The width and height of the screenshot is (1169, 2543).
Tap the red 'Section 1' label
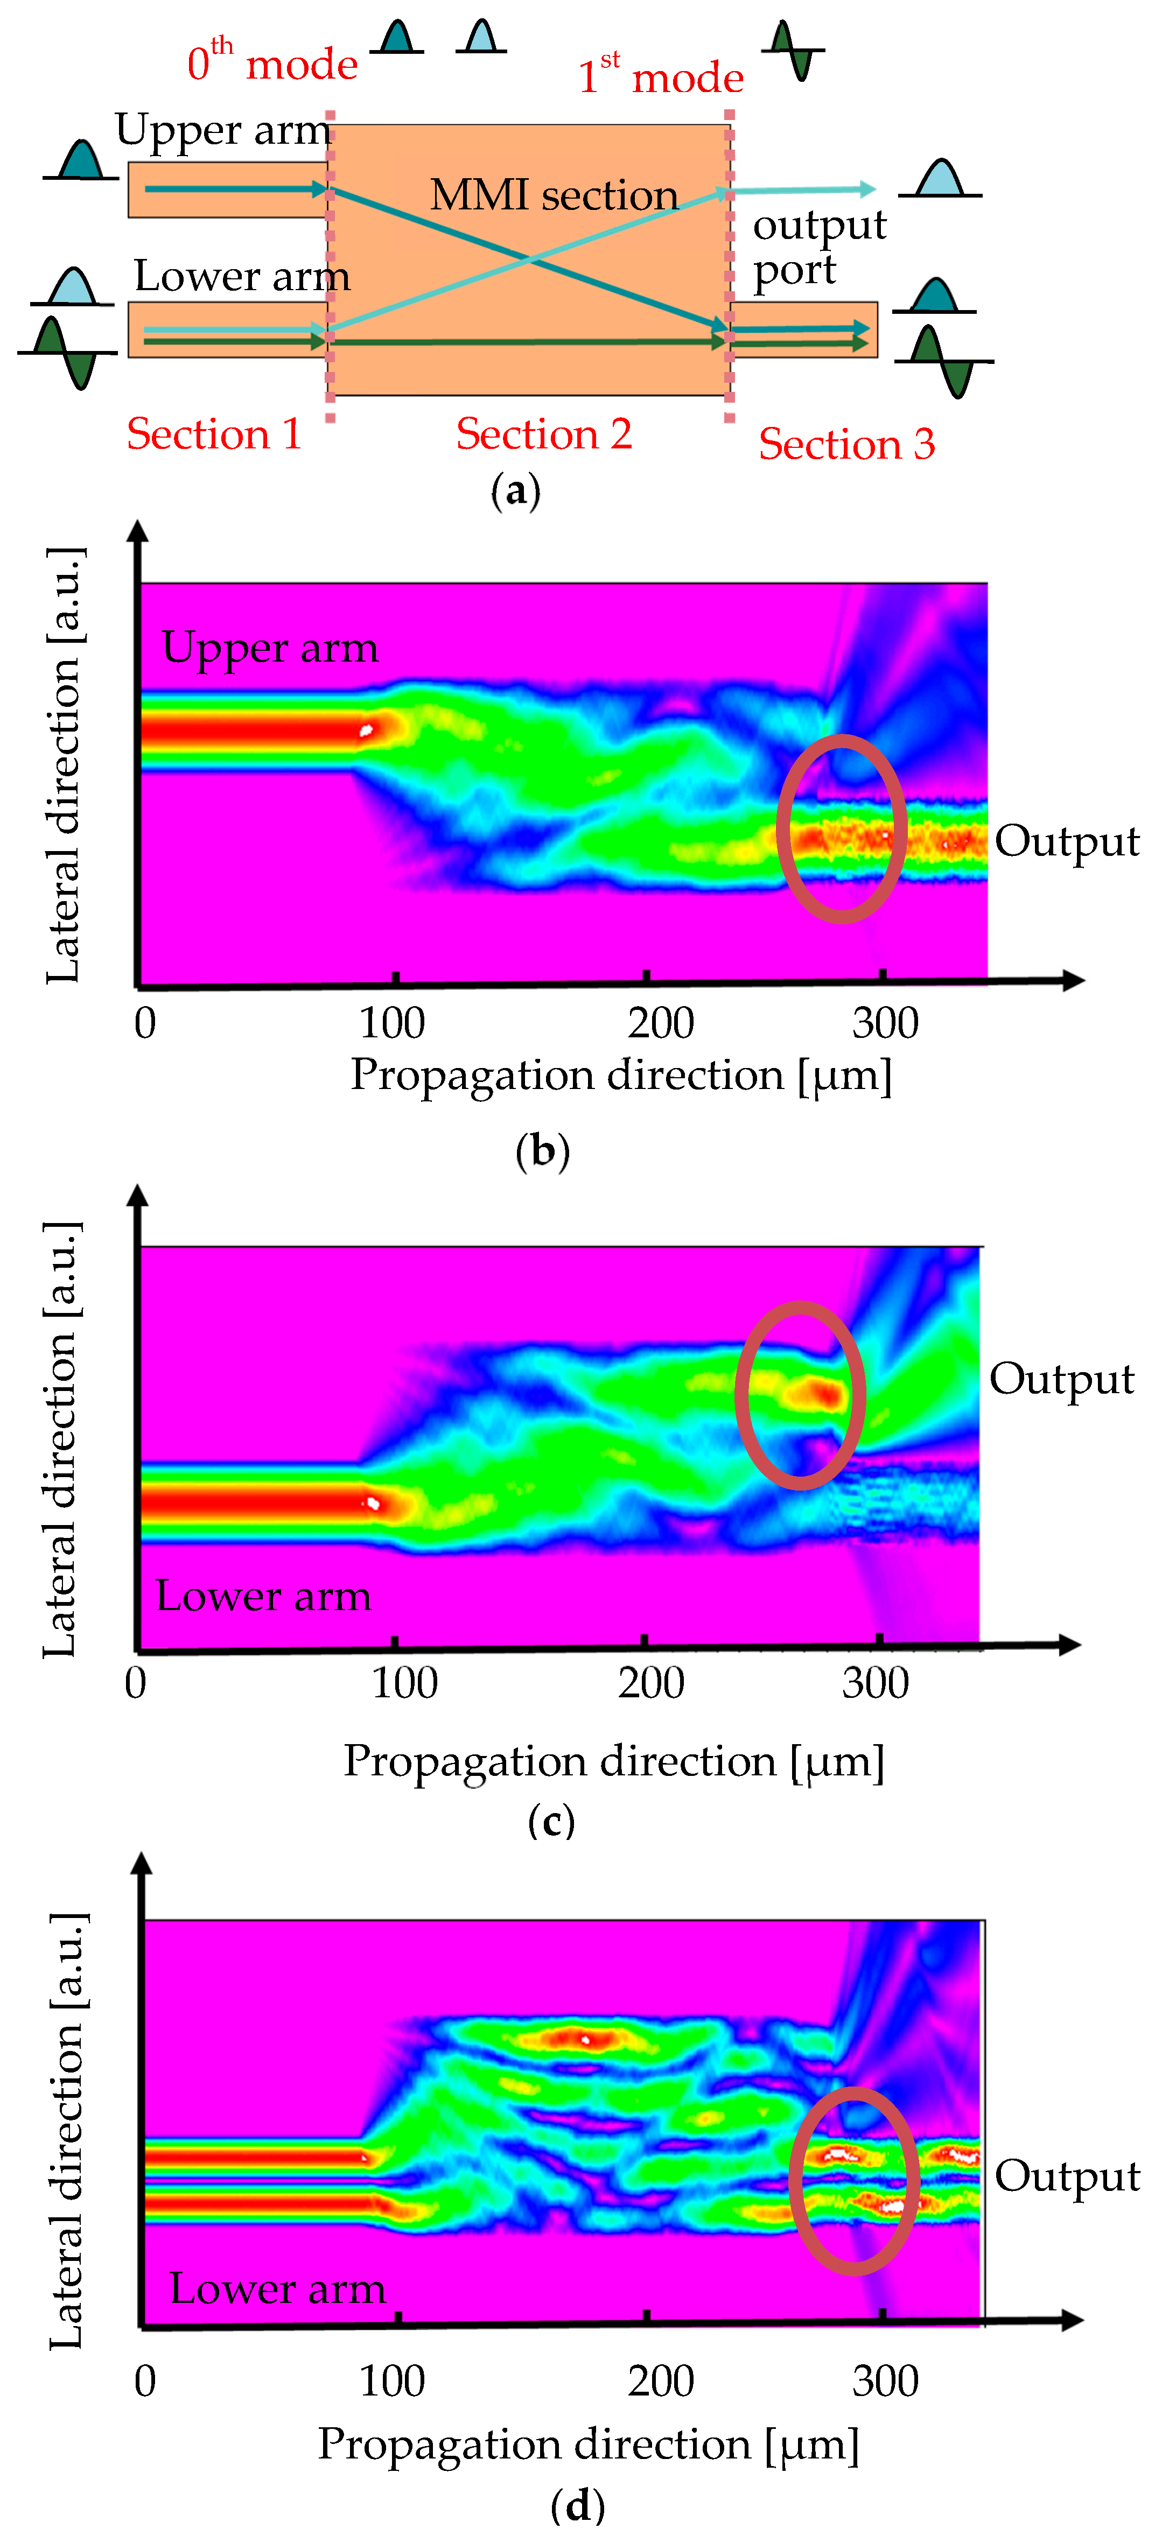[x=214, y=434]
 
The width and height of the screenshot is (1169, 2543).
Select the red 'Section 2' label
[x=544, y=434]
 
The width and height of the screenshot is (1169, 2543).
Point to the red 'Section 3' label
[x=846, y=444]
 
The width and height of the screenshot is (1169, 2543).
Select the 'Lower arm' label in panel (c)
[x=264, y=1596]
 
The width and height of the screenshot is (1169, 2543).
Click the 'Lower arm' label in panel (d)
[x=277, y=2288]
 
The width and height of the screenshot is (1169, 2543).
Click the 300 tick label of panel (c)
[x=875, y=1683]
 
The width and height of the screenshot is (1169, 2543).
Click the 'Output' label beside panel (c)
[x=1061, y=1379]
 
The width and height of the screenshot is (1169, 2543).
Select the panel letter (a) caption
[x=515, y=490]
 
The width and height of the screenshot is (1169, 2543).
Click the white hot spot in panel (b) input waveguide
[x=365, y=730]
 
